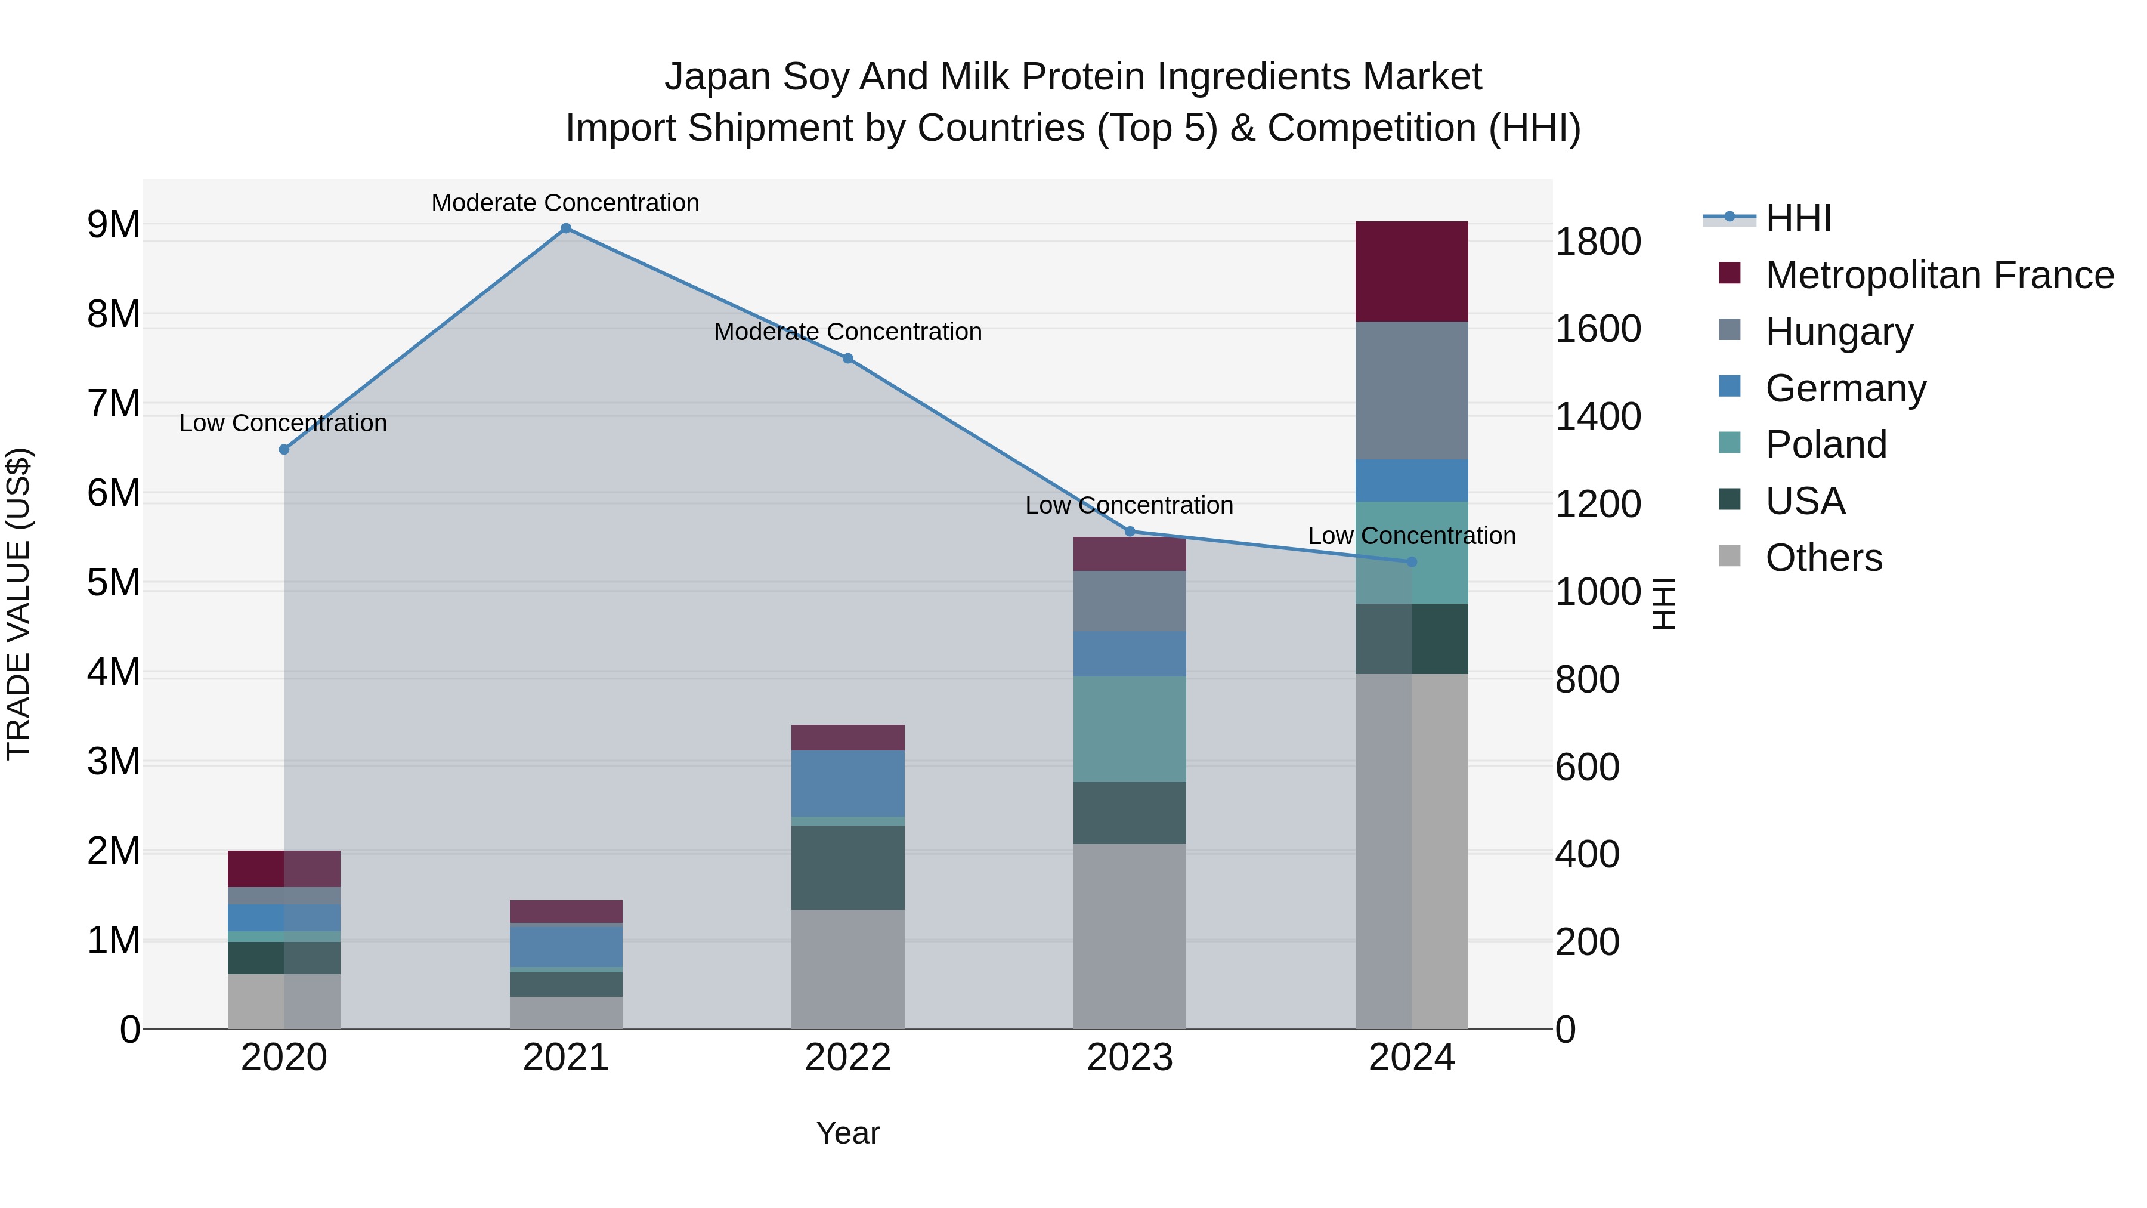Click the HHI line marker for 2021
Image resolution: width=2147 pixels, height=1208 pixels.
click(x=566, y=228)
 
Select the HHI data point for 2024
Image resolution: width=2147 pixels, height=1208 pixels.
click(x=1412, y=562)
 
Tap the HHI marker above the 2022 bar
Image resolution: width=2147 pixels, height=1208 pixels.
click(x=847, y=359)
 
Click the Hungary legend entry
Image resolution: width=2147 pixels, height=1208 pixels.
click(x=1839, y=332)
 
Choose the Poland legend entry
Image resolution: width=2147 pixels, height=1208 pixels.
click(x=1826, y=444)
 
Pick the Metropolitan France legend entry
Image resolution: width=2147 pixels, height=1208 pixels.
click(x=1939, y=275)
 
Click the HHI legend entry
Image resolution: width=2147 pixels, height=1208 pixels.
click(x=1797, y=218)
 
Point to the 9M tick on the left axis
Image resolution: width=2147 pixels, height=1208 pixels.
click(x=113, y=225)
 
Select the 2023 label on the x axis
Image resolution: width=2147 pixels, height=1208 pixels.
click(x=1130, y=1058)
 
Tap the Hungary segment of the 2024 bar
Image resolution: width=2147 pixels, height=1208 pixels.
click(x=1412, y=390)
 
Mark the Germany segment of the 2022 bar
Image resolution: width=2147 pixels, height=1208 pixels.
click(x=847, y=784)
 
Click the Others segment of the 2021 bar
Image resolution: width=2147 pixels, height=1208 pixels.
click(x=566, y=1012)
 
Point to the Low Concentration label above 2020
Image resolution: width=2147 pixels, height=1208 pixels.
click(x=283, y=423)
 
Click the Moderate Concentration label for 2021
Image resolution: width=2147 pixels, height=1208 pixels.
click(x=565, y=203)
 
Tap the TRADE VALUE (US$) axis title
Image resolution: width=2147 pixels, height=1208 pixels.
click(x=18, y=604)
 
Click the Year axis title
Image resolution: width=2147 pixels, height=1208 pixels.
click(x=847, y=1133)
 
